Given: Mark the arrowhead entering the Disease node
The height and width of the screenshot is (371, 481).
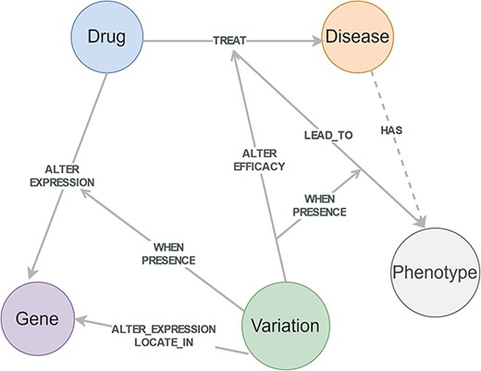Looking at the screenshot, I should tap(314, 41).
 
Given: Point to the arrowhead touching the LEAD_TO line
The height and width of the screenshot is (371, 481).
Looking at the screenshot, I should tap(357, 173).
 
